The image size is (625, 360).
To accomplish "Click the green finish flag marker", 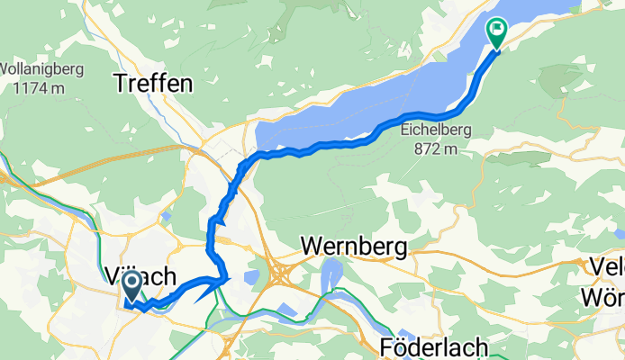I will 495,31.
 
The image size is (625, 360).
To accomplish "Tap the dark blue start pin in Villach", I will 131,287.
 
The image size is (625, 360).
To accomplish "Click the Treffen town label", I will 153,84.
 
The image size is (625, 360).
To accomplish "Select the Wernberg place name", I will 354,245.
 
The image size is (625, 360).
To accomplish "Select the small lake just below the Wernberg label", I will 331,272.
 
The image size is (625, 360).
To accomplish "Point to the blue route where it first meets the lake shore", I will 261,156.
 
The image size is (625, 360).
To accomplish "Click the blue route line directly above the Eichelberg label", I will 439,116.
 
